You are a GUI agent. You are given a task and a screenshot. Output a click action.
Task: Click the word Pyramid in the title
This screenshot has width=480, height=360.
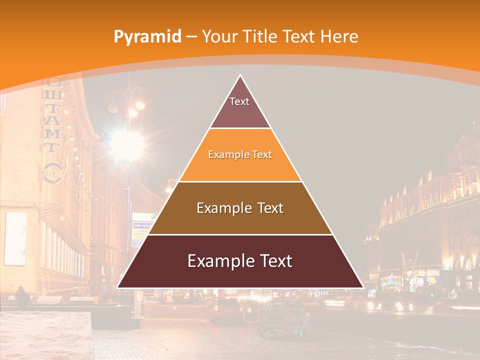147,37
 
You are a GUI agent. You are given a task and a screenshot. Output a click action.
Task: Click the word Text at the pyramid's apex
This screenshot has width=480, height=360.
239,101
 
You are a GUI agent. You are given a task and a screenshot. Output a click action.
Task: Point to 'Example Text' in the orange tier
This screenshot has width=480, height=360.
240,154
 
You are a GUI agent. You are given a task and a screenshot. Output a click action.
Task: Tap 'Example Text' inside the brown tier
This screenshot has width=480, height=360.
240,208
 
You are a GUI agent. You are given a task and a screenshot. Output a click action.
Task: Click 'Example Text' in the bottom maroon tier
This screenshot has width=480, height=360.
240,261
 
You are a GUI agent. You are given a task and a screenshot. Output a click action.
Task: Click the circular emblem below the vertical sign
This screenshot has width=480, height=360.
53,172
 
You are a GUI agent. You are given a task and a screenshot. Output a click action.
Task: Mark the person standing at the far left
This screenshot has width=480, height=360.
22,297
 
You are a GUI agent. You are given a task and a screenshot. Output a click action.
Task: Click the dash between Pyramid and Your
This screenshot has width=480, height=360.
191,37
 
